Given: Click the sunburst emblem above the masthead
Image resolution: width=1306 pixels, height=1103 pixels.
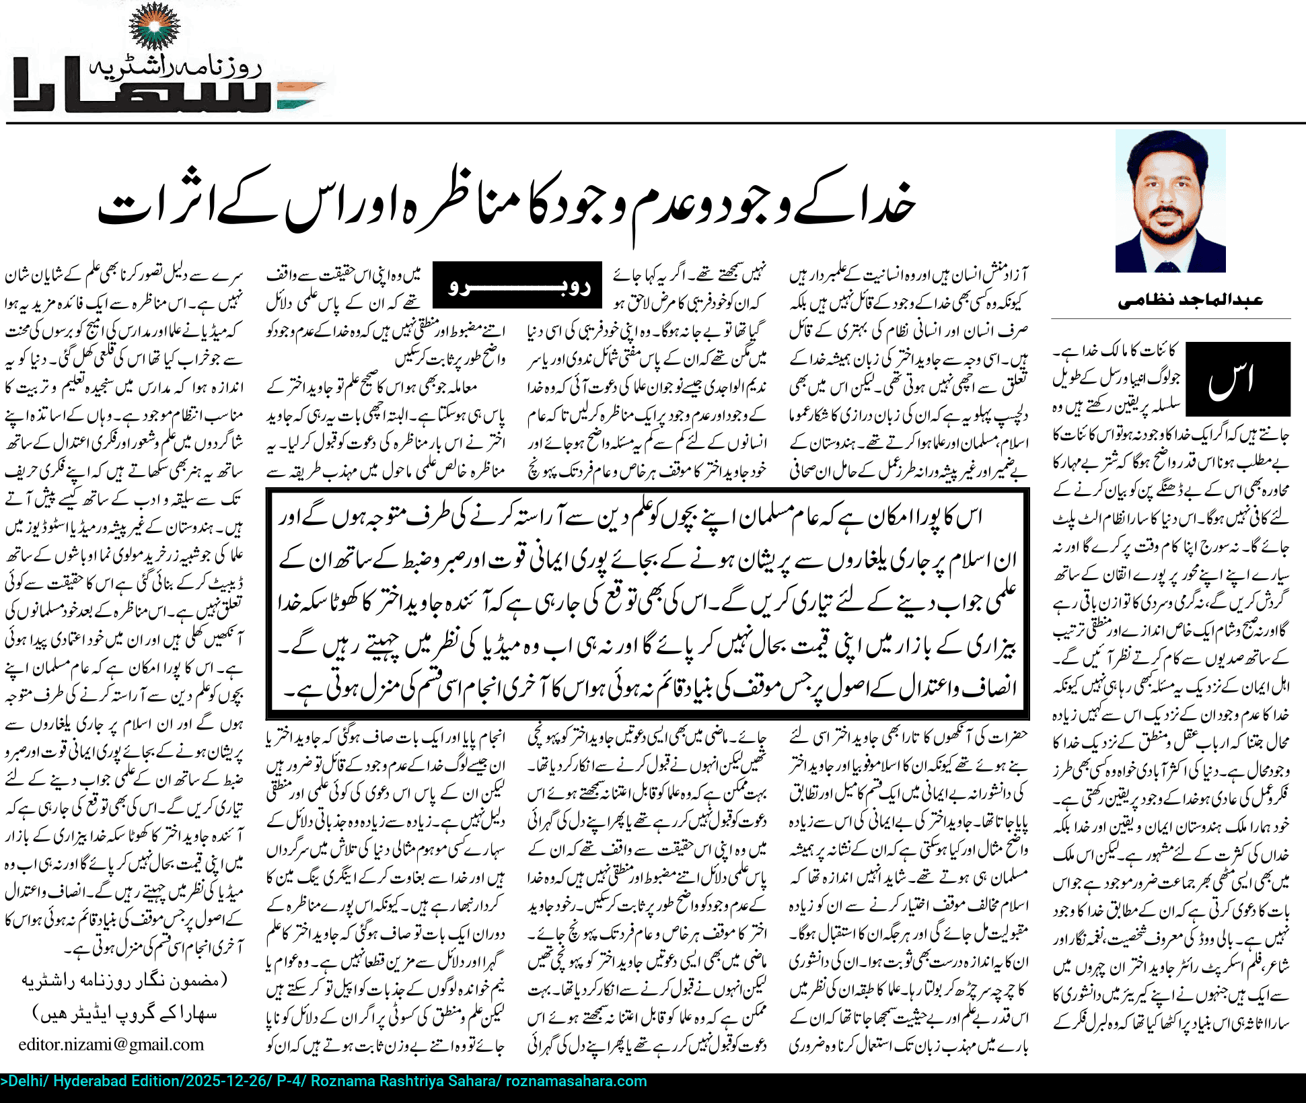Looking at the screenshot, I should pyautogui.click(x=154, y=26).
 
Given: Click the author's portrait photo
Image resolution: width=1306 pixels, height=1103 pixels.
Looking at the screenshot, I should pyautogui.click(x=1170, y=201).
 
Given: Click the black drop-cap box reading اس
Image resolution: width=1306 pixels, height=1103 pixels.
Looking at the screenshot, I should pyautogui.click(x=1237, y=379).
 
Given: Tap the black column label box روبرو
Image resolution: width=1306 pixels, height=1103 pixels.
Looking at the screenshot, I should pyautogui.click(x=517, y=285).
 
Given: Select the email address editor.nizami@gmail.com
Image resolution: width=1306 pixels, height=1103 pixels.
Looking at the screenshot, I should pyautogui.click(x=111, y=1044).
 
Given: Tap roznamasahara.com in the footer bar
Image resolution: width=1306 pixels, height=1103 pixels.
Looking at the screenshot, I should pyautogui.click(x=576, y=1081).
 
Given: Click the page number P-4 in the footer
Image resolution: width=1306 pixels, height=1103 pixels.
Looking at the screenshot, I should pyautogui.click(x=290, y=1081).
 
